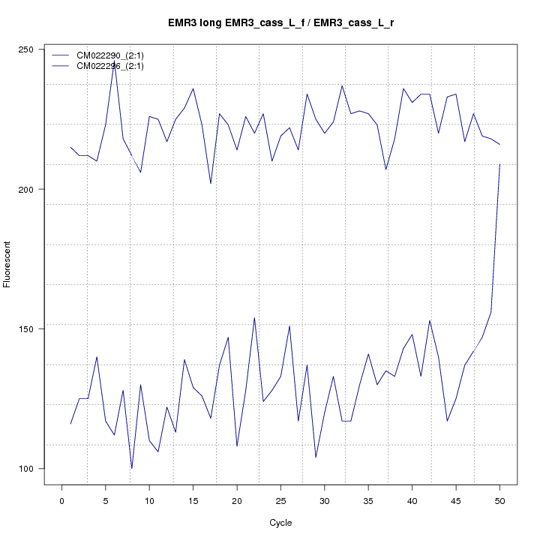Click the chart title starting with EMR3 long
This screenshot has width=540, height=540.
281,23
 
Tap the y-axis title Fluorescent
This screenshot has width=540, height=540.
7,264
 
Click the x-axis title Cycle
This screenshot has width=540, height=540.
280,523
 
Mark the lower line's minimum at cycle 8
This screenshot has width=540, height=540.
132,468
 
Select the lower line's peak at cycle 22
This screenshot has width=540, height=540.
255,317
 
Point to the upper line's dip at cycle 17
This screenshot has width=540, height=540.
211,183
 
